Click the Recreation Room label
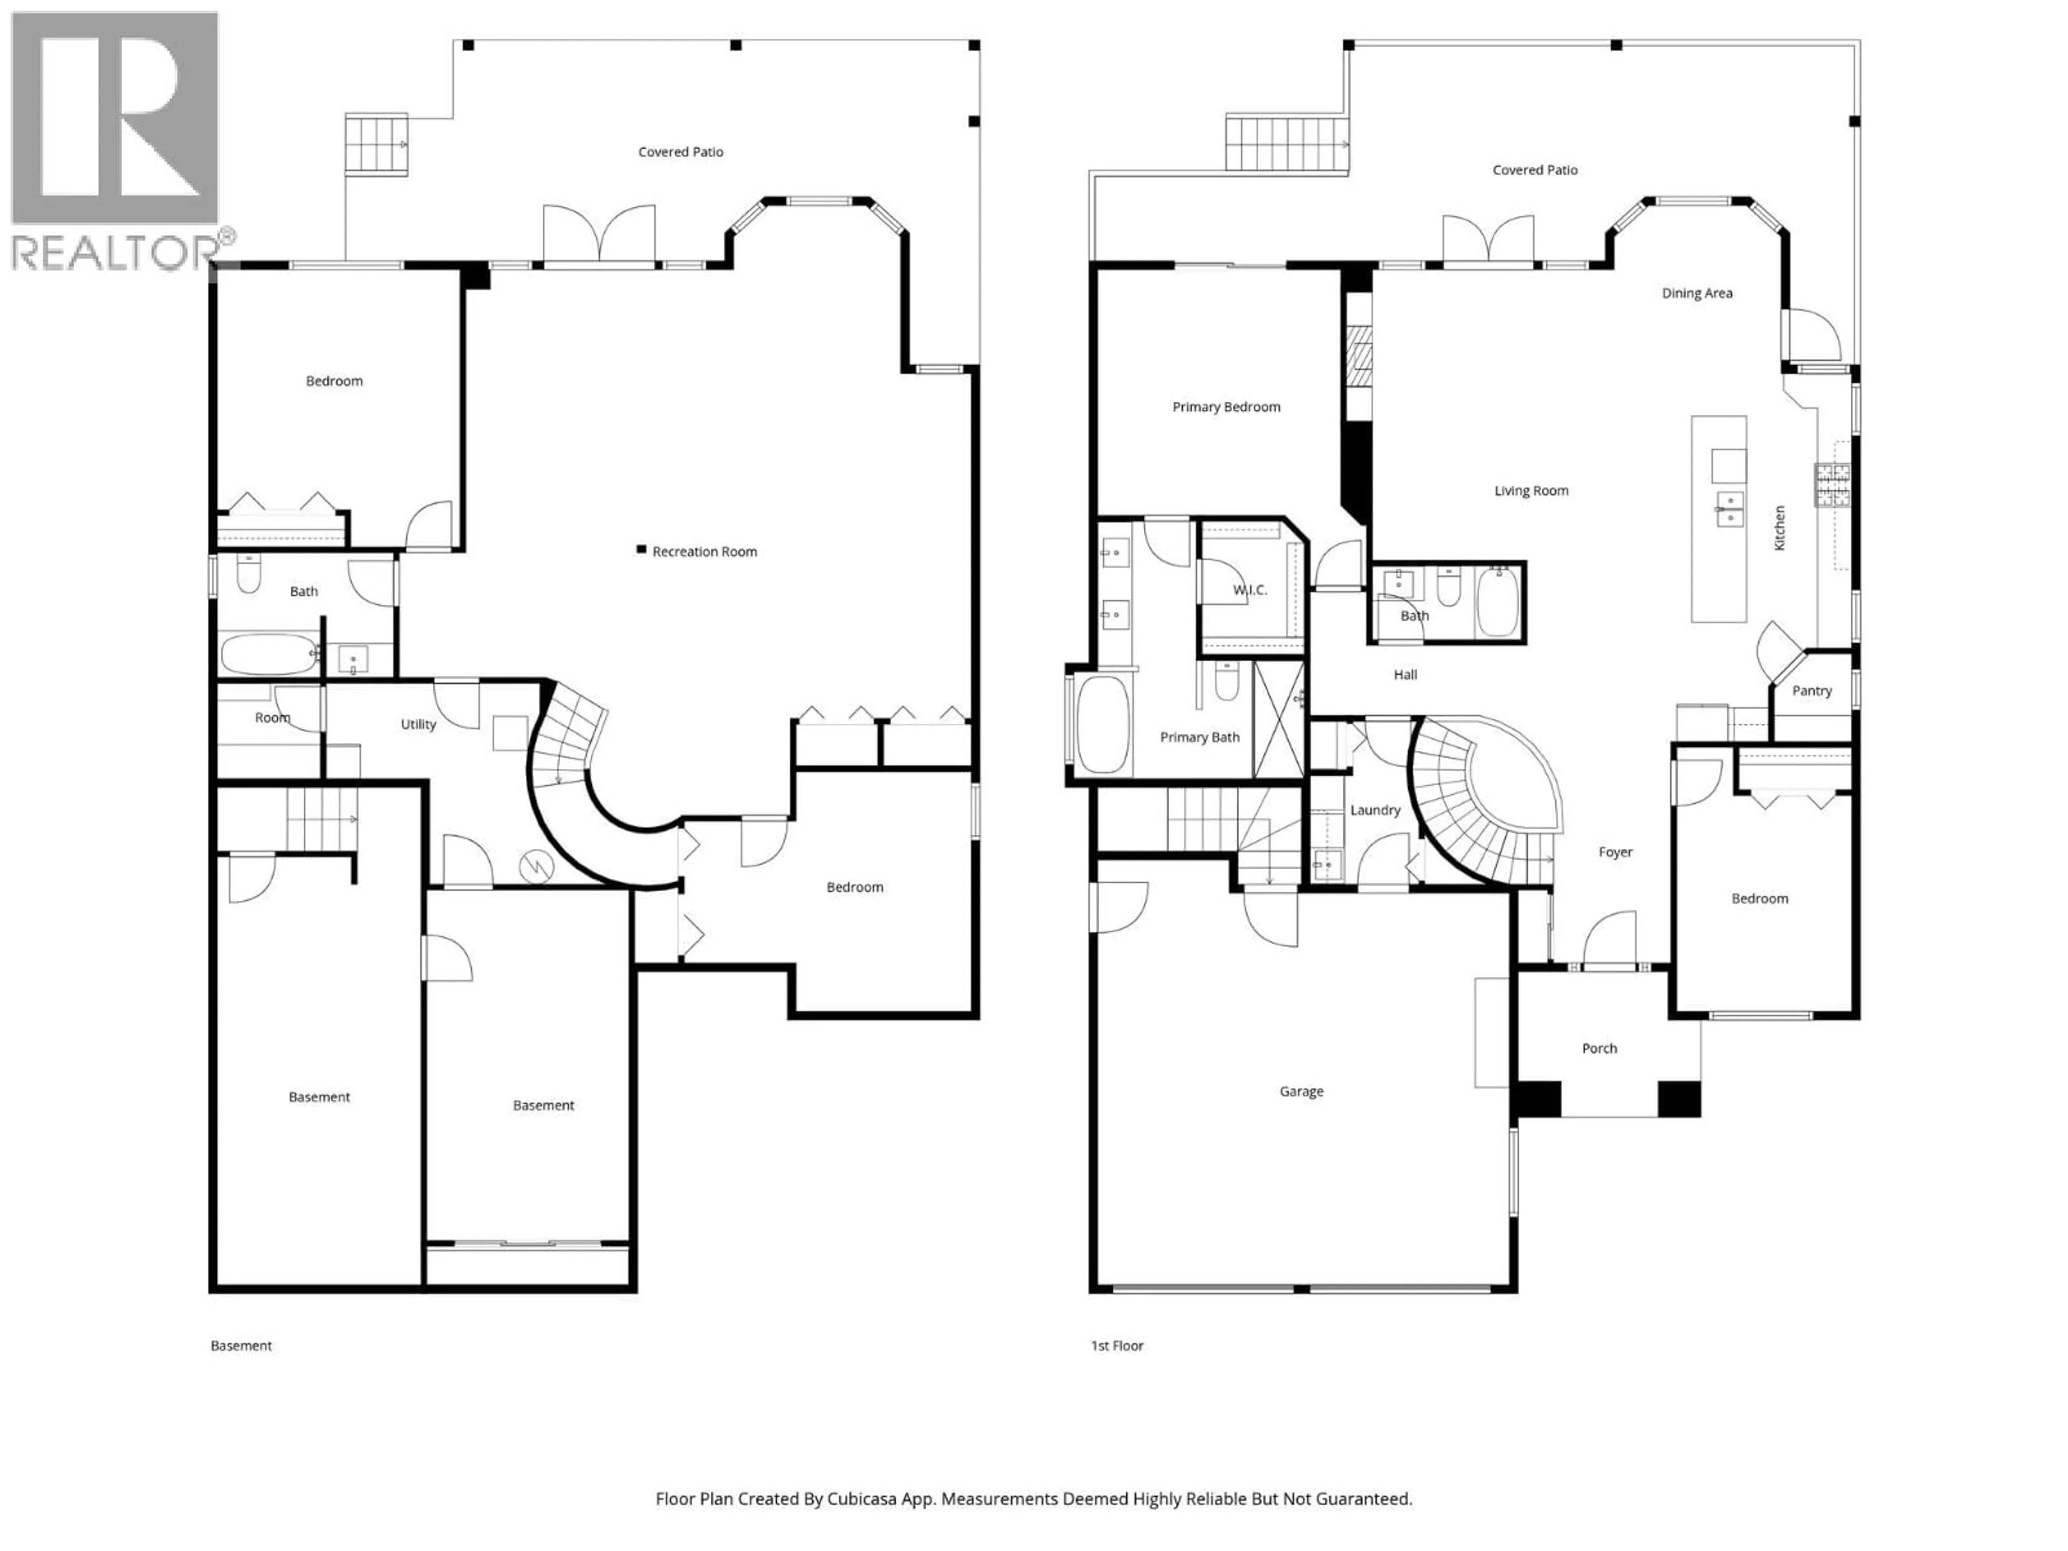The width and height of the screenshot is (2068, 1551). coord(704,551)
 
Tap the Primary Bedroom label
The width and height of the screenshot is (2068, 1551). coord(1226,407)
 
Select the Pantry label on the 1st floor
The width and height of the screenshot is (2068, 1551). coord(1811,691)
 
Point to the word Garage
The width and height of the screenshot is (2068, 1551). coord(1301,1091)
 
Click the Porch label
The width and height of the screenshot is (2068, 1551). coord(1599,1048)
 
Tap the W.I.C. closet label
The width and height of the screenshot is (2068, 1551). coord(1249,590)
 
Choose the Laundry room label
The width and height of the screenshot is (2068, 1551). coord(1374,809)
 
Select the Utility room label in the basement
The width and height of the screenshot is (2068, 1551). coord(418,724)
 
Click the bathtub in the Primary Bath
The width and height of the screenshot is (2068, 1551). coord(1102,724)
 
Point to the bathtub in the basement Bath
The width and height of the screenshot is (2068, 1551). coord(268,654)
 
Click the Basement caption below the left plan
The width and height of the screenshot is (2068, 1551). coord(241,1345)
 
